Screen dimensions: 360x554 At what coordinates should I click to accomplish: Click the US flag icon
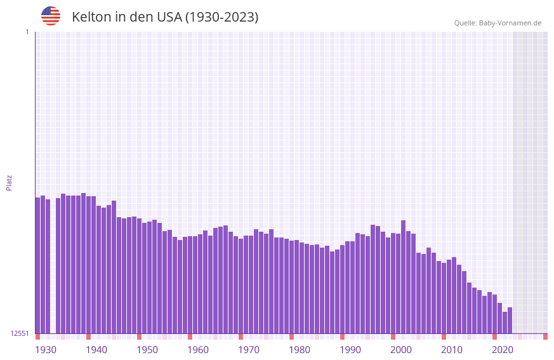click(51, 16)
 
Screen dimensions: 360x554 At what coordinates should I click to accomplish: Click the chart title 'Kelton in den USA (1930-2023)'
click(165, 17)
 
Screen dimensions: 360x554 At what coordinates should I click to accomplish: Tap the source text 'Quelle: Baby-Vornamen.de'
click(498, 23)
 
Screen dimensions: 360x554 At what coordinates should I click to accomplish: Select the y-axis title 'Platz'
click(9, 182)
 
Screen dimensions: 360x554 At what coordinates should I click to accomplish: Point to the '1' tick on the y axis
click(27, 32)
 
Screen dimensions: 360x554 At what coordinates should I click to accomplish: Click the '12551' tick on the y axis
click(19, 333)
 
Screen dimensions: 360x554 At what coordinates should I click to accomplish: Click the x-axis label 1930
click(46, 350)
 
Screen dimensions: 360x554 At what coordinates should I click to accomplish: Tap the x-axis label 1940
click(96, 350)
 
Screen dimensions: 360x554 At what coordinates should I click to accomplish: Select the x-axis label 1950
click(147, 350)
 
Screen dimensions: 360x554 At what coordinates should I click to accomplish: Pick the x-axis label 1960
click(198, 350)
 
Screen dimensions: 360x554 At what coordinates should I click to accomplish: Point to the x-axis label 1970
click(249, 350)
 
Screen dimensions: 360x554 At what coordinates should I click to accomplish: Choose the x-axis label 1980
click(300, 350)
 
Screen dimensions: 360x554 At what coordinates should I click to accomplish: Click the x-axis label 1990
click(350, 350)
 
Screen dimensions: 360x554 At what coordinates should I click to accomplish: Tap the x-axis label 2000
click(401, 350)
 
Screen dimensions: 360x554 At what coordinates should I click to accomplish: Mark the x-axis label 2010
click(452, 350)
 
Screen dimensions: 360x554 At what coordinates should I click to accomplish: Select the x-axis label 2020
click(503, 350)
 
